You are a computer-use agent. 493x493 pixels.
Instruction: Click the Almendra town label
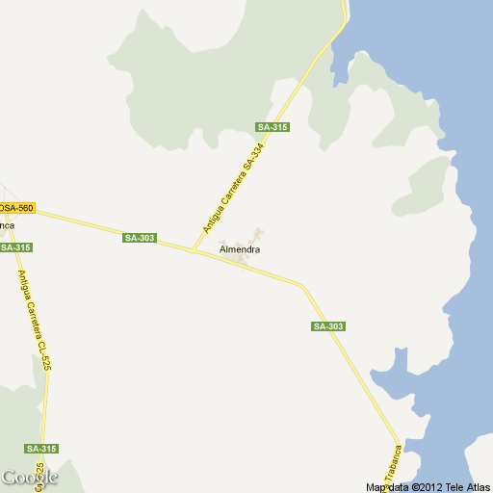click(x=240, y=250)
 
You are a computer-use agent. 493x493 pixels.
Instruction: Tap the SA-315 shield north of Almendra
click(x=272, y=128)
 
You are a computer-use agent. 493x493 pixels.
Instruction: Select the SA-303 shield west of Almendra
click(x=140, y=238)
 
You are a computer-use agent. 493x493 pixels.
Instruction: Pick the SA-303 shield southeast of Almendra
click(x=328, y=326)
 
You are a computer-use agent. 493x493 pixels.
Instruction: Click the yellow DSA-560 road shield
click(x=16, y=208)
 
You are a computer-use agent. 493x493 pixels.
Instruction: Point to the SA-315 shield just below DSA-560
click(x=16, y=247)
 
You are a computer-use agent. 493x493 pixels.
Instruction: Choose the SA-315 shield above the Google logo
click(x=42, y=449)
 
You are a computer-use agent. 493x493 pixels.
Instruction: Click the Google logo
click(x=29, y=478)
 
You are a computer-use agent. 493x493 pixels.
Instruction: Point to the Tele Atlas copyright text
click(x=466, y=487)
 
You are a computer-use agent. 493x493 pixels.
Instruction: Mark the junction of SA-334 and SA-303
click(x=194, y=251)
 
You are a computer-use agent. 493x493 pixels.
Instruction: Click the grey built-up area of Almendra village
click(x=252, y=237)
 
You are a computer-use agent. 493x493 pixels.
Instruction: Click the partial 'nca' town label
click(x=7, y=225)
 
